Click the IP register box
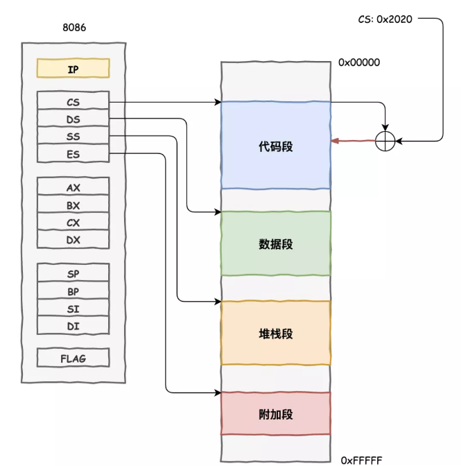73,69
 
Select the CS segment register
73,102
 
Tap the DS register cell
73,119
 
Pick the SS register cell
73,137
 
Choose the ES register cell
73,154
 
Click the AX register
73,188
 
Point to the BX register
73,205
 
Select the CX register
73,223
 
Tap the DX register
73,240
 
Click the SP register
73,274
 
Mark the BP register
73,291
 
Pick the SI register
73,308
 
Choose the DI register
73,325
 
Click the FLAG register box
73,358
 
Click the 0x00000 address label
359,62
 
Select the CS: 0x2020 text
385,19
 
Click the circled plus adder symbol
385,141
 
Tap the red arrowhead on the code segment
335,141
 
